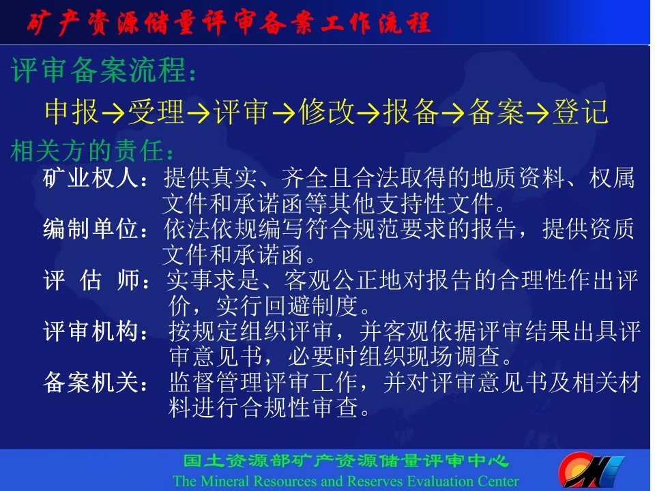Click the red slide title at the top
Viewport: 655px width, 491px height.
click(x=229, y=23)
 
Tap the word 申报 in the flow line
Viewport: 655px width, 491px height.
click(x=72, y=112)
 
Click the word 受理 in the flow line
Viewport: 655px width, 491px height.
click(x=156, y=112)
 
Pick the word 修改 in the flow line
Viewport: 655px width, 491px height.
click(x=327, y=112)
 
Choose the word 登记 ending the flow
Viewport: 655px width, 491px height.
click(x=580, y=112)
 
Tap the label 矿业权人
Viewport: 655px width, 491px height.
click(x=91, y=178)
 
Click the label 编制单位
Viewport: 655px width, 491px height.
click(x=91, y=229)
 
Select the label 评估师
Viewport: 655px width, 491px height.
click(x=91, y=280)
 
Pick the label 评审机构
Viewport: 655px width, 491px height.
click(x=91, y=331)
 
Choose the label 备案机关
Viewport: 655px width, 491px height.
click(x=91, y=382)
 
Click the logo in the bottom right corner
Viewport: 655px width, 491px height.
click(x=591, y=470)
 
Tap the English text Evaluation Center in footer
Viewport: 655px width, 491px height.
click(x=463, y=481)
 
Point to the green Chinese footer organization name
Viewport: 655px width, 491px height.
click(x=346, y=461)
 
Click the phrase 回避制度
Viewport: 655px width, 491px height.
click(x=311, y=306)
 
